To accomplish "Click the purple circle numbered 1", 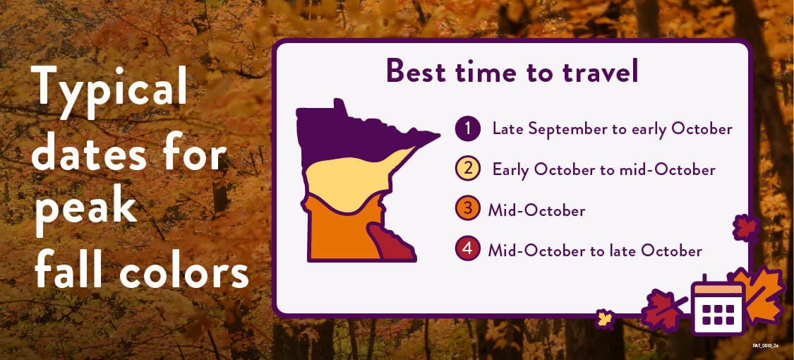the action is pyautogui.click(x=467, y=129).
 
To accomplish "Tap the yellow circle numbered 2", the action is pyautogui.click(x=467, y=169).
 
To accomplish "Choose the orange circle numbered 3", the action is pyautogui.click(x=467, y=210).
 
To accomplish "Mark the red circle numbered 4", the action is pyautogui.click(x=467, y=249).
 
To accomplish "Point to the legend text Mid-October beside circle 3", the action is pyautogui.click(x=537, y=210).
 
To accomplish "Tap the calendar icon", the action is pyautogui.click(x=718, y=306).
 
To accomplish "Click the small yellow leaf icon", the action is pyautogui.click(x=604, y=319).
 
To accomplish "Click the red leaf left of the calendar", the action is pyautogui.click(x=663, y=310).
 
